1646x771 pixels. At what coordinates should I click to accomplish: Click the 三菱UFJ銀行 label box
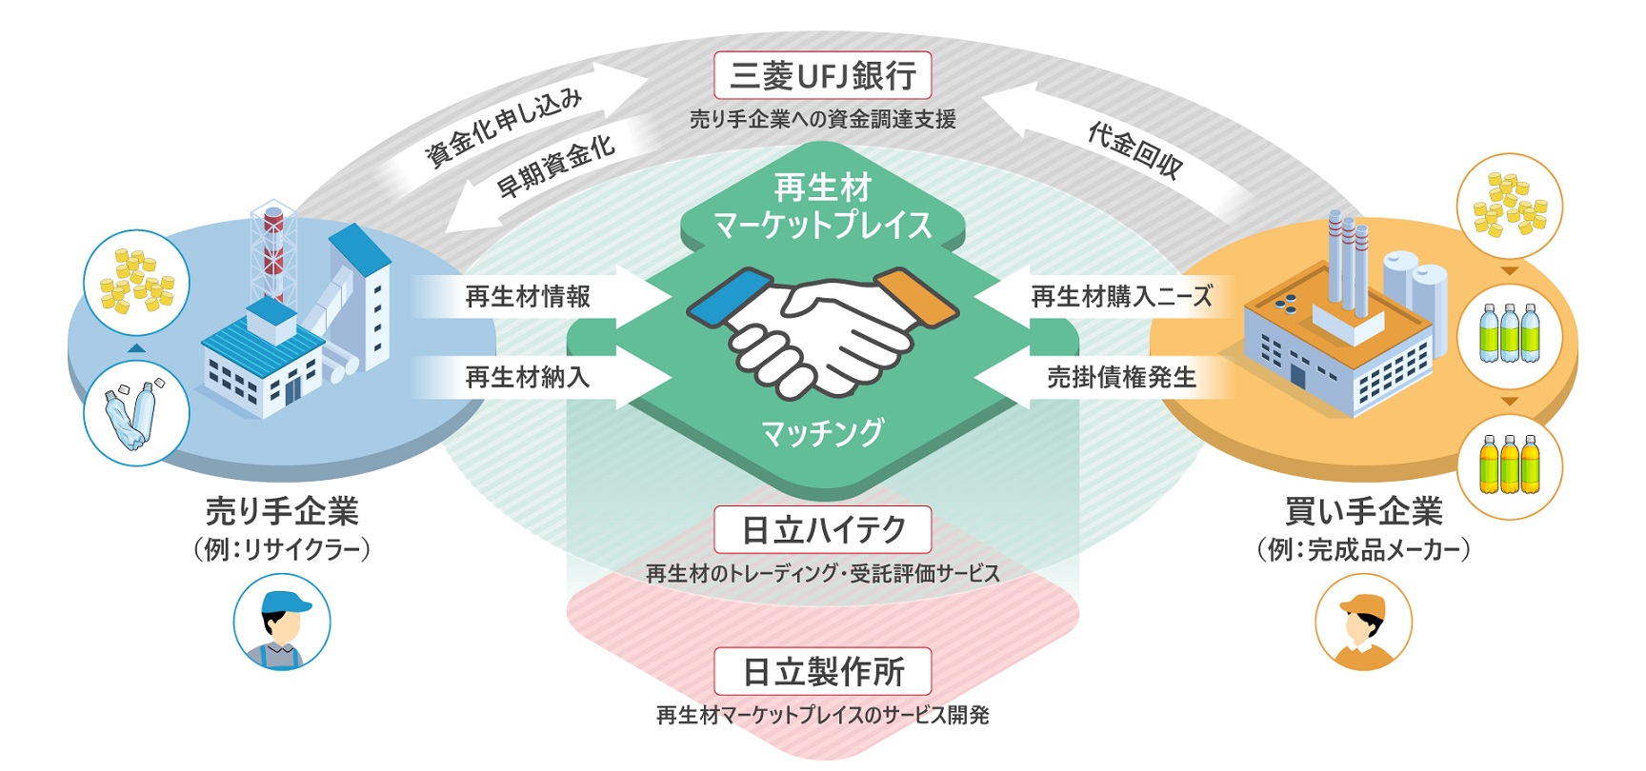(822, 75)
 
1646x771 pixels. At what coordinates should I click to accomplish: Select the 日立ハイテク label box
(822, 529)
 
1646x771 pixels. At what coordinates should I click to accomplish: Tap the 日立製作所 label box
(822, 672)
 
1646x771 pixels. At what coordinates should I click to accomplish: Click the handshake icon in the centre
(822, 328)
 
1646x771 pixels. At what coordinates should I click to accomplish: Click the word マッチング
(822, 433)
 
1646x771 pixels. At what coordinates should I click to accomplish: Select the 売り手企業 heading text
(282, 512)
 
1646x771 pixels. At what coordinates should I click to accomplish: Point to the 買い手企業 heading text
(1363, 512)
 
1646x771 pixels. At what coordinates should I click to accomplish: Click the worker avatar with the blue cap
(282, 623)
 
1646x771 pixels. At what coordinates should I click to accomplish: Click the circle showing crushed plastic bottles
(136, 414)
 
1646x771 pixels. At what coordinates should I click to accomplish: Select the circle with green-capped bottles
(1510, 336)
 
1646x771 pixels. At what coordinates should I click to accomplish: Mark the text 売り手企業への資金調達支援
(822, 119)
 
